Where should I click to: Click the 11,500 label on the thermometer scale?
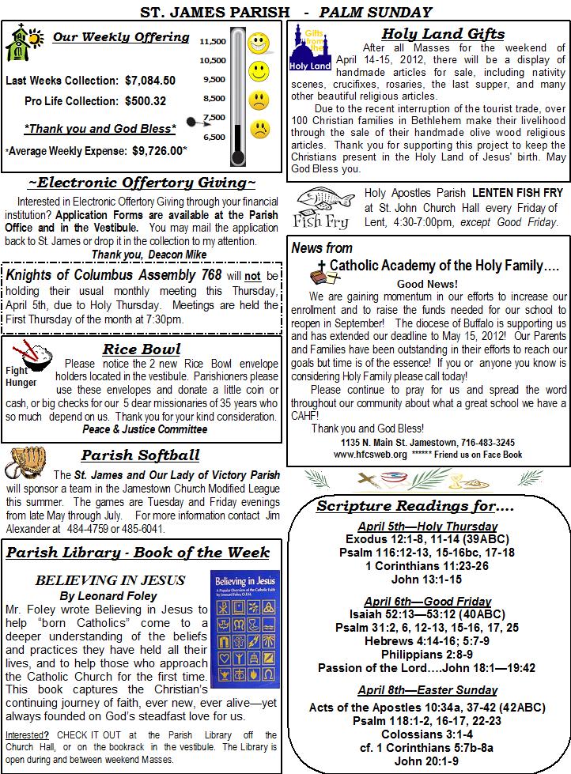(x=213, y=41)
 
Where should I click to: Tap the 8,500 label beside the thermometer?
(x=213, y=99)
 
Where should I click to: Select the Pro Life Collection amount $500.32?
(x=146, y=101)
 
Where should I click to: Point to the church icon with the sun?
(x=21, y=43)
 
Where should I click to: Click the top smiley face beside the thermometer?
(x=259, y=43)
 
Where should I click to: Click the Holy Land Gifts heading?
(x=442, y=33)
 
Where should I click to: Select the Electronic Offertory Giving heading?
(x=142, y=183)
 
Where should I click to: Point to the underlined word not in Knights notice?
(x=253, y=276)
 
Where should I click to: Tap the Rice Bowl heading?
(x=142, y=349)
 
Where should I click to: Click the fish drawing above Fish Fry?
(x=326, y=199)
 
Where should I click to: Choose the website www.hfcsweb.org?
(x=370, y=455)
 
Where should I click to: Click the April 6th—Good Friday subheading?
(x=427, y=601)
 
